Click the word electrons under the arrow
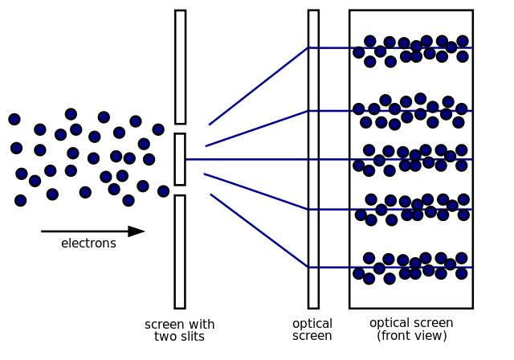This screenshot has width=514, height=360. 88,243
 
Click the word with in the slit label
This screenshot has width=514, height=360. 199,325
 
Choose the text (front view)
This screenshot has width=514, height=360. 411,335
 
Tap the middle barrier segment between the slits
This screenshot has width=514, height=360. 180,159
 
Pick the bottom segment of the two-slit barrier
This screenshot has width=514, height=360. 180,252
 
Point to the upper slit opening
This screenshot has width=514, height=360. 180,129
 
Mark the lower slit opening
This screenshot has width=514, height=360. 180,190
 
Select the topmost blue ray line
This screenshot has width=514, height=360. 257,87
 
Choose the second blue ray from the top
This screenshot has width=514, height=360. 257,129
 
